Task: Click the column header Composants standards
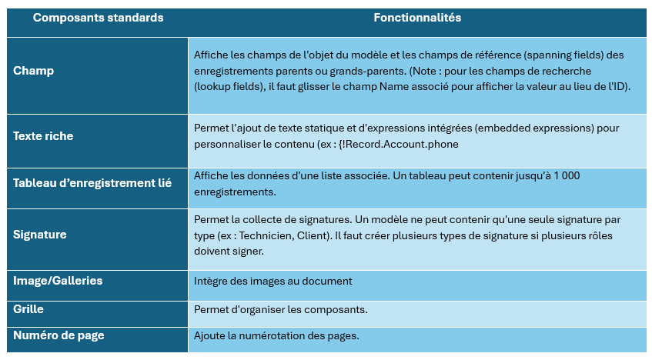(x=98, y=18)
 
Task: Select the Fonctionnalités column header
(x=417, y=18)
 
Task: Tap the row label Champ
(x=34, y=71)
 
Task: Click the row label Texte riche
(x=43, y=136)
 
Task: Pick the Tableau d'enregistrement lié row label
(x=92, y=183)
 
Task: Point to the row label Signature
(x=40, y=235)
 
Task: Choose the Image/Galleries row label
(x=58, y=281)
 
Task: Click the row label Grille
(x=28, y=308)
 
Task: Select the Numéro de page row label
(x=59, y=335)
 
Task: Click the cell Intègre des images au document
(x=273, y=282)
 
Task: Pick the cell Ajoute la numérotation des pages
(x=276, y=336)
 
